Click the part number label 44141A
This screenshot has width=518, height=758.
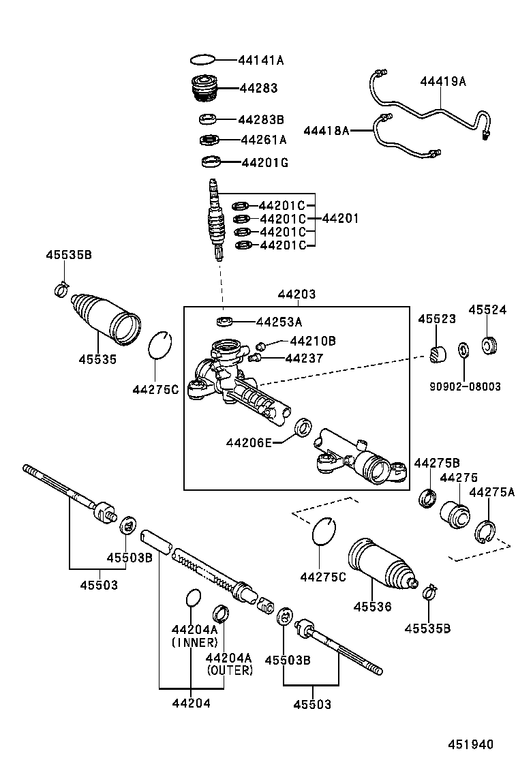click(x=260, y=60)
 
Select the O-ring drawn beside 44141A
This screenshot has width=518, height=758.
click(x=203, y=60)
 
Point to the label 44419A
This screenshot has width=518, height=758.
click(x=442, y=81)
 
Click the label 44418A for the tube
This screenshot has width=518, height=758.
click(x=326, y=130)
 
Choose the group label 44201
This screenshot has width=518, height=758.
click(x=339, y=219)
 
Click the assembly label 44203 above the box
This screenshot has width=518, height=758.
click(x=296, y=294)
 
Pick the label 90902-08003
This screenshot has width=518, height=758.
click(x=465, y=386)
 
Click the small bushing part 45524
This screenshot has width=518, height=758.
click(x=489, y=345)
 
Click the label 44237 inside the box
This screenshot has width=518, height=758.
click(x=303, y=358)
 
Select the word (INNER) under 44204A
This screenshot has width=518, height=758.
click(x=194, y=642)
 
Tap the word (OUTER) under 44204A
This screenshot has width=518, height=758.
click(x=229, y=670)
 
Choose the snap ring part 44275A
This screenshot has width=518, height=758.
click(x=485, y=530)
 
